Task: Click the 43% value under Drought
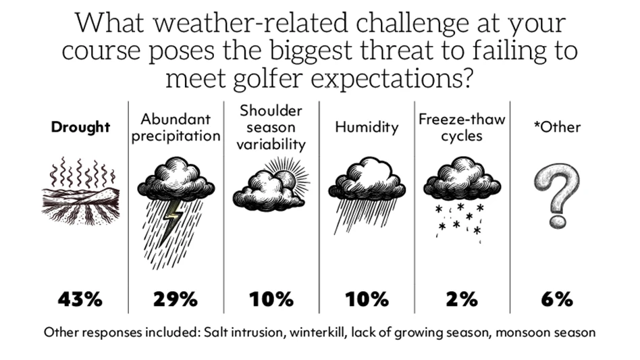pos(80,299)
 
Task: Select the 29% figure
pos(175,299)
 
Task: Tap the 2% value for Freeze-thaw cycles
pos(462,299)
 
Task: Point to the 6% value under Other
pos(557,299)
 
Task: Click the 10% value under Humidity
pos(367,299)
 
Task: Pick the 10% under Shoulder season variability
pos(271,299)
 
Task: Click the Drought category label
pos(80,128)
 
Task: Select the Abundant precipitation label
pos(176,127)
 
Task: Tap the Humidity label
pos(367,127)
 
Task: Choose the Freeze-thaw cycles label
pos(462,127)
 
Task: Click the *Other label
pos(557,127)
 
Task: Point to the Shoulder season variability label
pos(271,127)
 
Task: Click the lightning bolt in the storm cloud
pos(173,215)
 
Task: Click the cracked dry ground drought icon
pos(80,203)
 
